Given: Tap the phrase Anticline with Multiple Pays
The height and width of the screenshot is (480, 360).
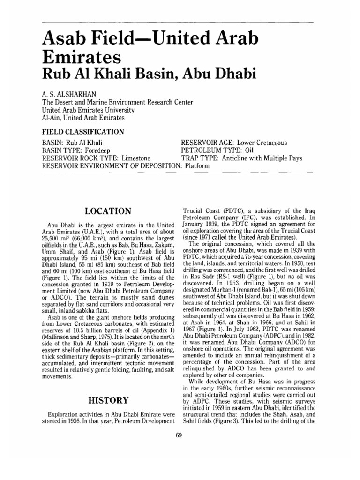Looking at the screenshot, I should [262, 158].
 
